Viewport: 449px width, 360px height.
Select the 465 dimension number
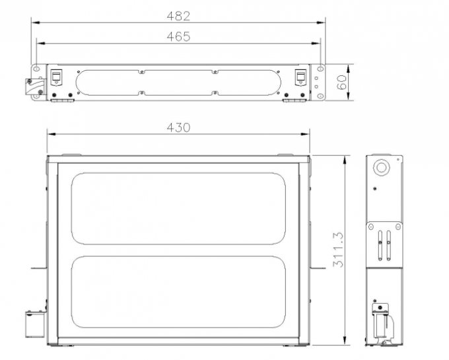pyautogui.click(x=178, y=37)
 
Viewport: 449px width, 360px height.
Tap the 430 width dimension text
pyautogui.click(x=178, y=127)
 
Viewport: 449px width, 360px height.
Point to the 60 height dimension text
pyautogui.click(x=342, y=83)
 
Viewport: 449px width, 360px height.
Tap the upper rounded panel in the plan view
pyautogui.click(x=178, y=209)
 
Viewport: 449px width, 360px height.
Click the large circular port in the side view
pyautogui.click(x=382, y=168)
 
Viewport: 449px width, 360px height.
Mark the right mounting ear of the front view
pyautogui.click(x=320, y=83)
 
